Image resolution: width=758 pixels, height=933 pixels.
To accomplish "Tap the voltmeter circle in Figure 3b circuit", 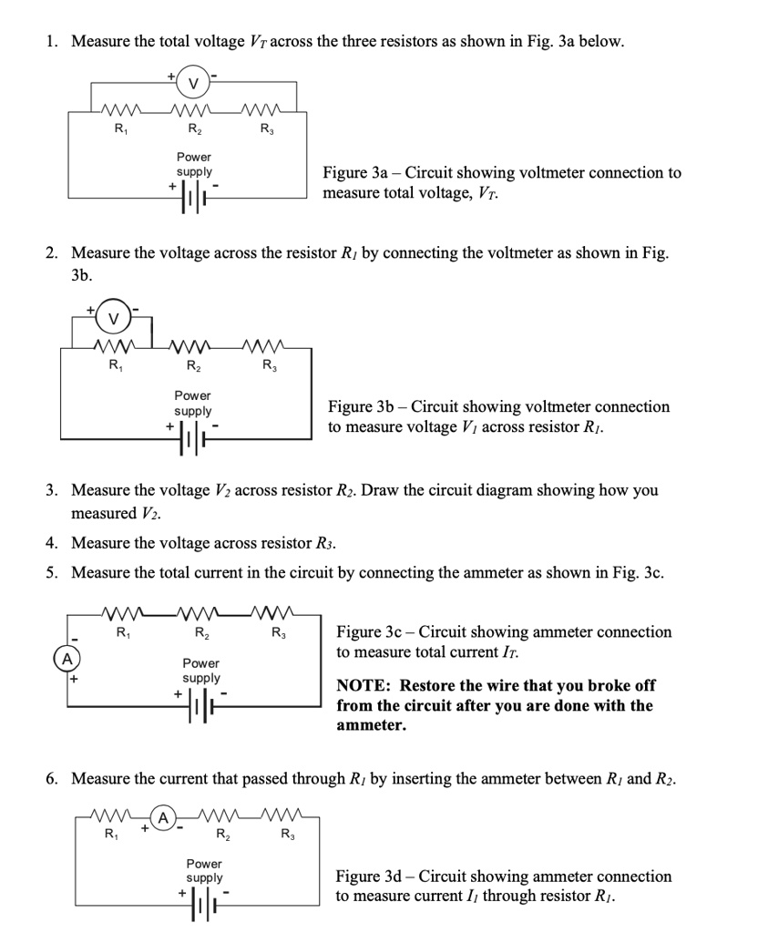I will tap(114, 318).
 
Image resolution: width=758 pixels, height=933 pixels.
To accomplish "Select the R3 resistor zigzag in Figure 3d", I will tap(287, 815).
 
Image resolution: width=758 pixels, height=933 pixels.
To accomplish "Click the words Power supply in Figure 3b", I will tap(193, 404).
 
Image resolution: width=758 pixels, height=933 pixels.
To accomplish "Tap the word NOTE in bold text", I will tap(364, 685).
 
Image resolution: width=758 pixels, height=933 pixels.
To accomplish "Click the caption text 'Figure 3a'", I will tap(361, 172).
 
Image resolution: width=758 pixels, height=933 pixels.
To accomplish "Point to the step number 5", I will tap(54, 573).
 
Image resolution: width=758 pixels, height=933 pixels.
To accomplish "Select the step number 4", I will tap(54, 544).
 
